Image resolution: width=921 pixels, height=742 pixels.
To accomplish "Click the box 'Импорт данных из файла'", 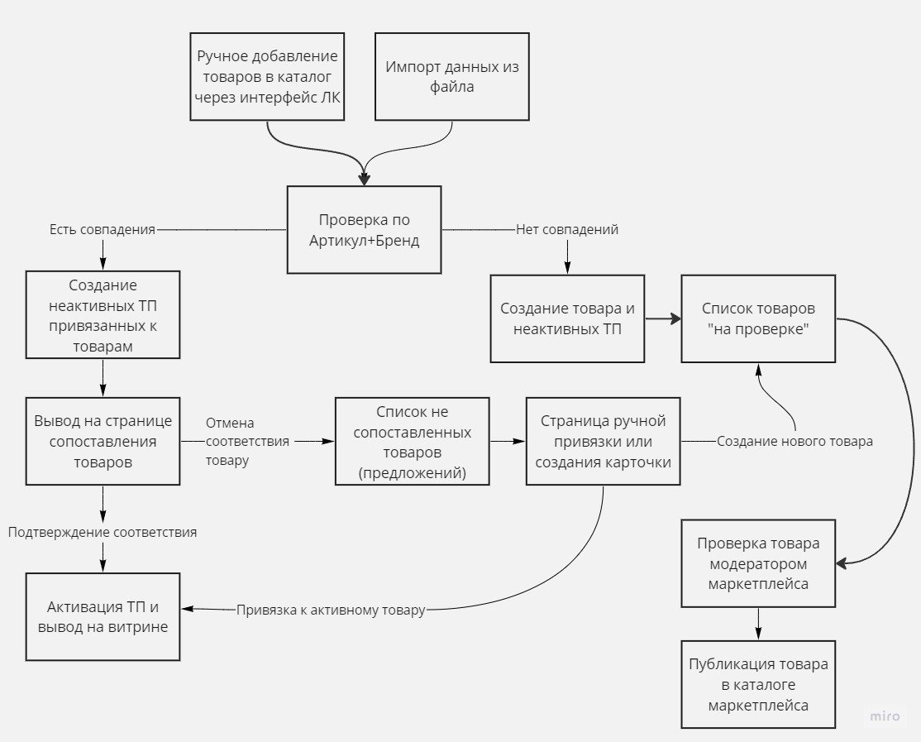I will point(452,76).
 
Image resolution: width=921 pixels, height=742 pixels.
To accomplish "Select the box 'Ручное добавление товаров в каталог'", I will point(268,76).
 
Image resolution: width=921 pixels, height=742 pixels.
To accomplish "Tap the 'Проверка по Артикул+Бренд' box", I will point(364,230).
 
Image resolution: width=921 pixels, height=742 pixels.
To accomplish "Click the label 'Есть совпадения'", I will point(103,229).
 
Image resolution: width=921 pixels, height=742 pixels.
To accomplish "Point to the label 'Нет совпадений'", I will point(567,229).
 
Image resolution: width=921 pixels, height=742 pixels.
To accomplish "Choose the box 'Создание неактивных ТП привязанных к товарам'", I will point(103,314).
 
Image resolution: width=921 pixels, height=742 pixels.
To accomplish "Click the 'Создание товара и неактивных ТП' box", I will point(567,318).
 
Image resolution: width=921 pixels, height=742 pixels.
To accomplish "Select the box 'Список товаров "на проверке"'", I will point(758,318).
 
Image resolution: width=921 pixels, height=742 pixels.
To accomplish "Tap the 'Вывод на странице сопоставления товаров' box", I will point(103,441).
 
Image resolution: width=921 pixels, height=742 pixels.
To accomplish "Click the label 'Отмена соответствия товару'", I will point(247,441).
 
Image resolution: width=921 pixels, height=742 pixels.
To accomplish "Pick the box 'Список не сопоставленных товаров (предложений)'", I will point(412,441).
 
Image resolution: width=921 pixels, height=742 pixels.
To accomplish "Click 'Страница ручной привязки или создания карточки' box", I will point(603,441).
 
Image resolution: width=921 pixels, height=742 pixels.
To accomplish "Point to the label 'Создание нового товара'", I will point(795,441).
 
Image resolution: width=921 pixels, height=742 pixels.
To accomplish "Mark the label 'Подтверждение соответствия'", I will point(103,532).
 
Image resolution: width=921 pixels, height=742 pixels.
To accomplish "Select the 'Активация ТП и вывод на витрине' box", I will point(103,616).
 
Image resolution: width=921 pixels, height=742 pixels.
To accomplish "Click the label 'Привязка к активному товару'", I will point(331,610).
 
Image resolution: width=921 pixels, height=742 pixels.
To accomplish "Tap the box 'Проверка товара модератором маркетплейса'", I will point(758,563).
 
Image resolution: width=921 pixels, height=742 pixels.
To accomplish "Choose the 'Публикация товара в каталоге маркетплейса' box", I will point(758,684).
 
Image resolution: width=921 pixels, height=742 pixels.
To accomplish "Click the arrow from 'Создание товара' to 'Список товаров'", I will point(662,318).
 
